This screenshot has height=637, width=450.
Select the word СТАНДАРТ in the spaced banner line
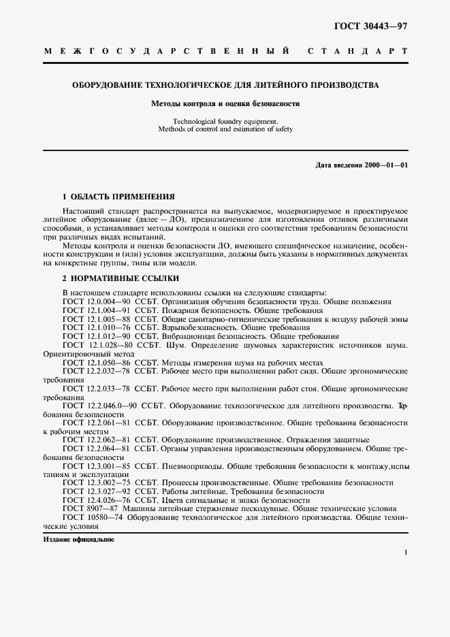(357, 51)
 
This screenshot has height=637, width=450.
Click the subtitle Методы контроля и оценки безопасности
(225, 104)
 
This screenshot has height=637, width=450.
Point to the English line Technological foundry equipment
(225, 121)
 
